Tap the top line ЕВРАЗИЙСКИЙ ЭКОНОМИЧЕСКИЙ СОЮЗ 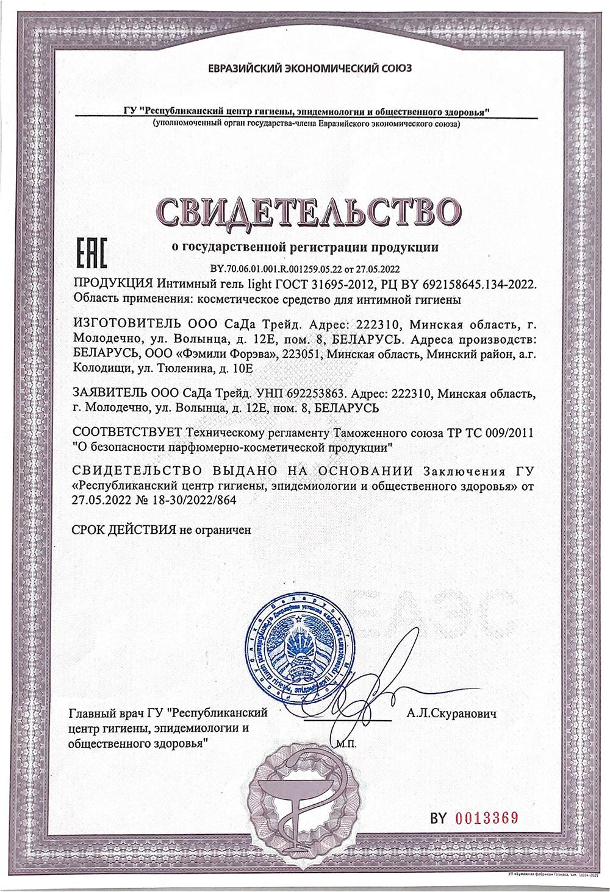click(310, 68)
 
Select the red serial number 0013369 click(487, 817)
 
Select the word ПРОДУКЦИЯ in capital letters click(112, 284)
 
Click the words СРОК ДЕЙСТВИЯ click(124, 529)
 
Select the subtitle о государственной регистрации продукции click(304, 247)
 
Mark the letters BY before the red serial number click(439, 817)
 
